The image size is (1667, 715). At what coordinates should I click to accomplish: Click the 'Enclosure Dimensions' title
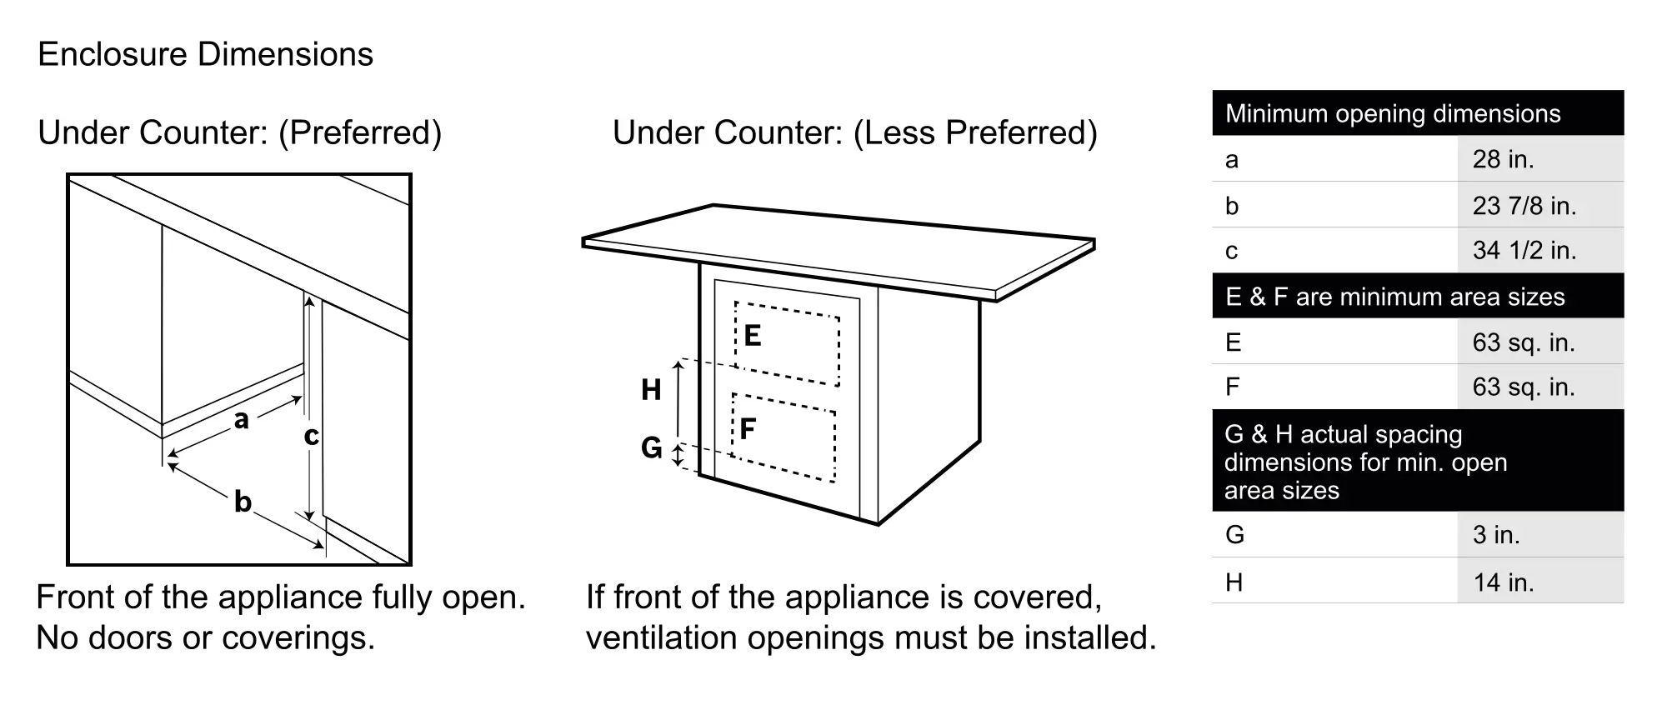[x=205, y=55]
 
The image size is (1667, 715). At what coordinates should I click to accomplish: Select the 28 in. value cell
[x=1503, y=159]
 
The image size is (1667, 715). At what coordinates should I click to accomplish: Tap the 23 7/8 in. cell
[x=1524, y=206]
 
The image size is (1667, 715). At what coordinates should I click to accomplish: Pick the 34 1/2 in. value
[x=1524, y=251]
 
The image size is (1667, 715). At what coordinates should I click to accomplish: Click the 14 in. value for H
[x=1503, y=582]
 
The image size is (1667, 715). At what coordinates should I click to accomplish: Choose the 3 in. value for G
[x=1496, y=535]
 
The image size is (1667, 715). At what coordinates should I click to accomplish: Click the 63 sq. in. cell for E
[x=1523, y=342]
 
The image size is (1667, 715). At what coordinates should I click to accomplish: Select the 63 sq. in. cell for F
[x=1523, y=387]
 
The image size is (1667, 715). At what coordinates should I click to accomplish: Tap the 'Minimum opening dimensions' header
[x=1392, y=114]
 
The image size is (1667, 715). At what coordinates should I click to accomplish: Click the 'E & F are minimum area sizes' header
[x=1394, y=297]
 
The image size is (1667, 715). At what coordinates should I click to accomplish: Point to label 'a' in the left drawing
[x=242, y=419]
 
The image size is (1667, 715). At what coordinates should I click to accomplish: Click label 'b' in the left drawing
[x=243, y=502]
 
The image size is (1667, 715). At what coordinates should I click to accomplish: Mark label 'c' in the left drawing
[x=311, y=435]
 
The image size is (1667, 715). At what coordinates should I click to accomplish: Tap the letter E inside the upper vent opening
[x=752, y=336]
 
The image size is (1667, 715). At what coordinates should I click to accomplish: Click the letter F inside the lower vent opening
[x=748, y=429]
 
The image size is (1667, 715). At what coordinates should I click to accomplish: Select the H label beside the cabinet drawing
[x=651, y=390]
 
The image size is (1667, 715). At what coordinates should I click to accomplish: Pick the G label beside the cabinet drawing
[x=651, y=448]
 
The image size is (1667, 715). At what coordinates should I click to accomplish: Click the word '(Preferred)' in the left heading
[x=360, y=133]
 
